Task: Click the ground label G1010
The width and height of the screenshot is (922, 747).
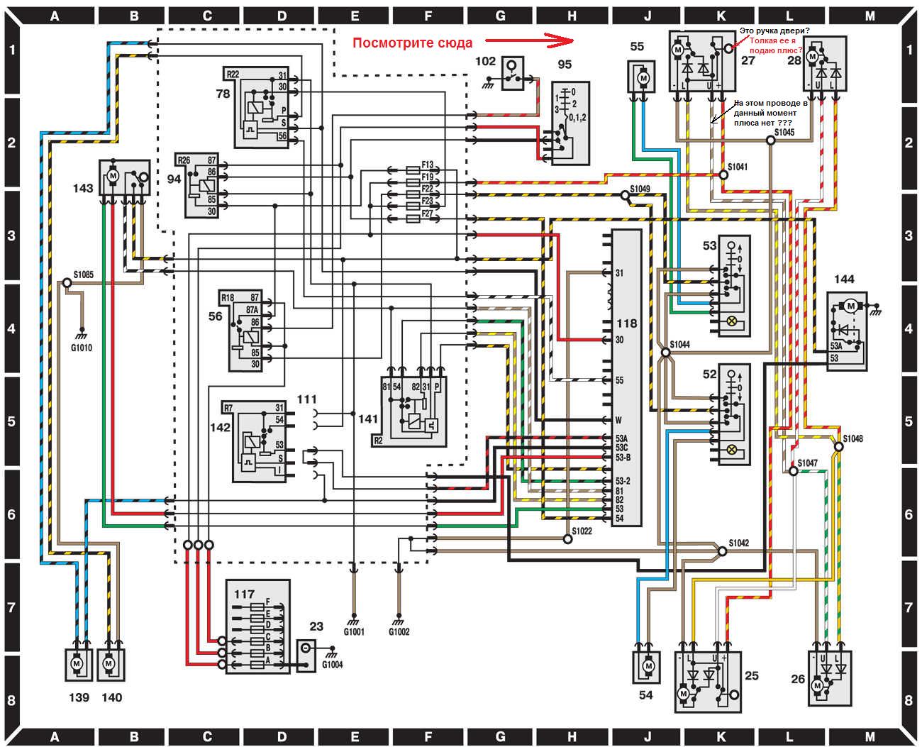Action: [82, 348]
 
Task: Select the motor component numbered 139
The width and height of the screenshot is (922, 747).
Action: [77, 663]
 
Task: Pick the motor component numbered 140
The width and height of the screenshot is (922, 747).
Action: [109, 663]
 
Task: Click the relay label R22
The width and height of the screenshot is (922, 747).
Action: [233, 74]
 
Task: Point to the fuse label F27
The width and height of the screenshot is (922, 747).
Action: [427, 214]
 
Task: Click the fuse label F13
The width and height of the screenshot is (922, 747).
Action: [427, 165]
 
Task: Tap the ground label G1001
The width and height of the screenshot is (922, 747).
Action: [354, 631]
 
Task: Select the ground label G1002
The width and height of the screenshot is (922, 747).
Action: [399, 631]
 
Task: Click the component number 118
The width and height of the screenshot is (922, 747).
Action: [626, 323]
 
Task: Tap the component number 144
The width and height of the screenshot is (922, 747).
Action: [844, 279]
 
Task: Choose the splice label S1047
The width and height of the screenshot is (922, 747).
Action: [808, 463]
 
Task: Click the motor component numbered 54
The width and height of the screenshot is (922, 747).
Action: [647, 667]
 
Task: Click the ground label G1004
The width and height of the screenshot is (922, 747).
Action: [333, 665]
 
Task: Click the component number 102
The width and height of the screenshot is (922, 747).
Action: [485, 62]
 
